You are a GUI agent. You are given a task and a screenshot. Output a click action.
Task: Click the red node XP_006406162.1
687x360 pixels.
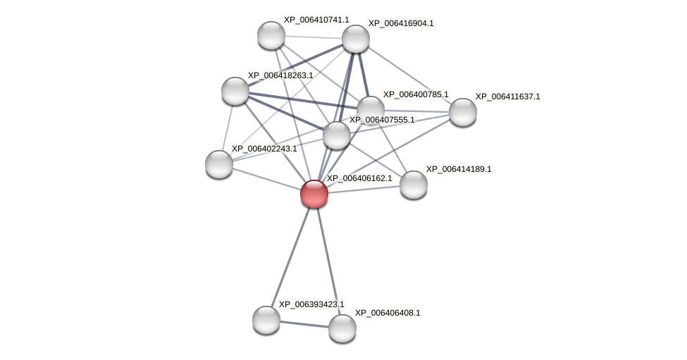point(314,194)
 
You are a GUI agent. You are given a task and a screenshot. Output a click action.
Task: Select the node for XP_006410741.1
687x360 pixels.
point(271,35)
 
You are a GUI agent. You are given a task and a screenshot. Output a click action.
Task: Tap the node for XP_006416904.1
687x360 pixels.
point(356,39)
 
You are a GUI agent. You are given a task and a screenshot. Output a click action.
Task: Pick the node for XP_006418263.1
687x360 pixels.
point(235,91)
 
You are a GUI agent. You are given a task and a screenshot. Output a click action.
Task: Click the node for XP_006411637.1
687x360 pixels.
point(463,112)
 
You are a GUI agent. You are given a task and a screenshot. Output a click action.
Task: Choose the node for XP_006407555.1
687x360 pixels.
point(337,135)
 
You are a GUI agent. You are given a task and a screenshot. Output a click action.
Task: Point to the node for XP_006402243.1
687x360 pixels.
point(219,164)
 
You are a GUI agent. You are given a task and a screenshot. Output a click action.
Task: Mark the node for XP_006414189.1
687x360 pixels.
point(414,185)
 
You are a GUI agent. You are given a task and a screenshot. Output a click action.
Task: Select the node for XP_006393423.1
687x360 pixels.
point(266,320)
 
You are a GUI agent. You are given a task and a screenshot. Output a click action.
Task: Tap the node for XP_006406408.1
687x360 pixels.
point(342,328)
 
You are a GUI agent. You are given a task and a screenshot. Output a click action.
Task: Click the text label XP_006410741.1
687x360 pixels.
point(316,20)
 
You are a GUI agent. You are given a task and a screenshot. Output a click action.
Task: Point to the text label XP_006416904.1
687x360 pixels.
point(401,23)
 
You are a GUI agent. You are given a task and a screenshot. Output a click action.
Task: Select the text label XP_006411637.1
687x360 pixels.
point(507,97)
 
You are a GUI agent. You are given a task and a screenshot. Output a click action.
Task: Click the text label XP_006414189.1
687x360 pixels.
point(459,169)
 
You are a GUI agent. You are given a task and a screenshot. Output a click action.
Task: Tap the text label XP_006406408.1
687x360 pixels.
point(388,313)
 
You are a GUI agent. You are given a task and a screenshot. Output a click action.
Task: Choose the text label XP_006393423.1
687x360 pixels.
point(311,304)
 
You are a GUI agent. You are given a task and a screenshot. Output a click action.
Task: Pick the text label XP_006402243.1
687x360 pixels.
point(264,149)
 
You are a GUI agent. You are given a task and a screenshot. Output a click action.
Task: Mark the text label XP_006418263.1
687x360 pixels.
point(280,75)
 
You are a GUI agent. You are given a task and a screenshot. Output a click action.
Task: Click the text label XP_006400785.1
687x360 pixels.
point(416,94)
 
